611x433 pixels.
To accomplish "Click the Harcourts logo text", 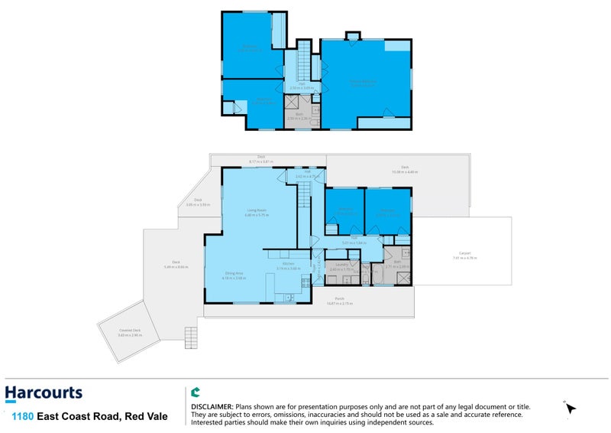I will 44,394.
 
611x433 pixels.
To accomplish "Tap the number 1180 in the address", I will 21,417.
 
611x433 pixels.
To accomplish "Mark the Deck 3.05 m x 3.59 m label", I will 198,201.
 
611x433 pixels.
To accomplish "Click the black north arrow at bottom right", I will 571,410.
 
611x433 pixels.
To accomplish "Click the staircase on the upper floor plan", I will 304,57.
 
